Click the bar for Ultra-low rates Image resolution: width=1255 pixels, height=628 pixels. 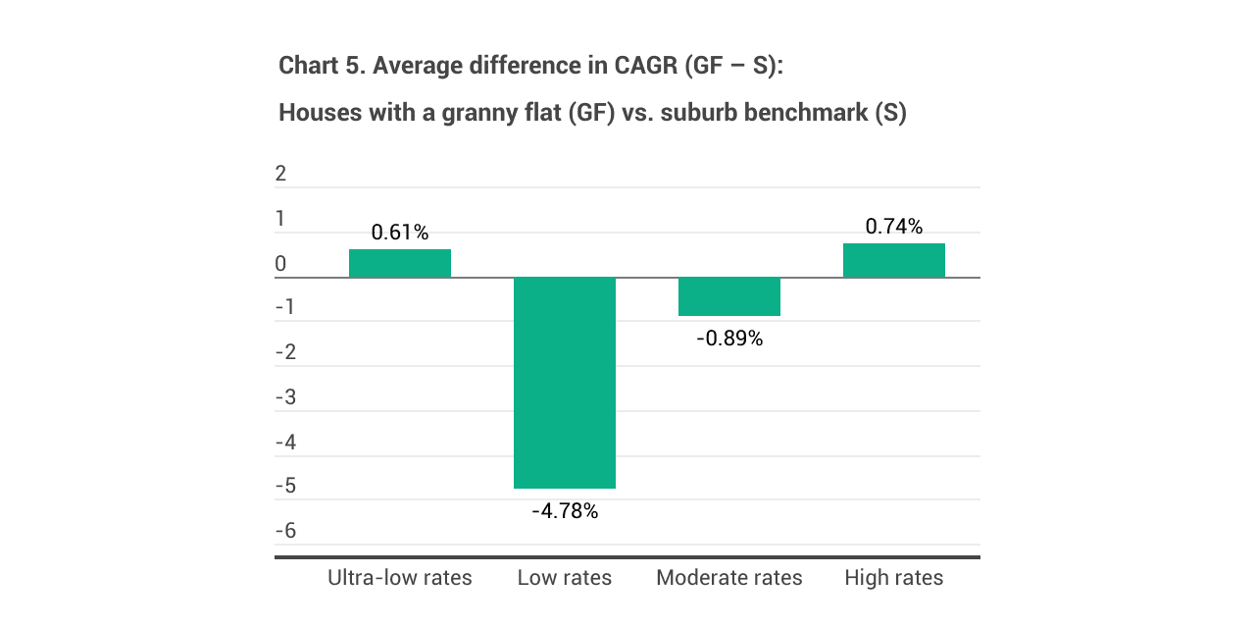point(400,263)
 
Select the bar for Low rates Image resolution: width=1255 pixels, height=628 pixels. point(565,383)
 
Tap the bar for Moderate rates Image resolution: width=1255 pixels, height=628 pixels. point(729,296)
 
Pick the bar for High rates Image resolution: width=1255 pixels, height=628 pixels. point(894,260)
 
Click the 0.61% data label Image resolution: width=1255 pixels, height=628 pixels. point(400,233)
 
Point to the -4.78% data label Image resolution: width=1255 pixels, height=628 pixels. point(565,510)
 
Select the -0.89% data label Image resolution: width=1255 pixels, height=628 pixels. point(729,339)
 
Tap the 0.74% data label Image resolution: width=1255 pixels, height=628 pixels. point(894,227)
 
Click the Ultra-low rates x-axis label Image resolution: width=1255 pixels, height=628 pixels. point(400,577)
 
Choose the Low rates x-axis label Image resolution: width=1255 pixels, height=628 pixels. point(565,577)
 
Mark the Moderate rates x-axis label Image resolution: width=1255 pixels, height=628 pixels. point(729,577)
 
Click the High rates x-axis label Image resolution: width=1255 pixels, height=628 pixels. point(894,577)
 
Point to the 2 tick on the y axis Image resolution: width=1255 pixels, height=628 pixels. point(281,174)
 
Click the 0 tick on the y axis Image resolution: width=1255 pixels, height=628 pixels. point(281,264)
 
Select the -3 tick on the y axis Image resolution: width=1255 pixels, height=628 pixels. point(284,397)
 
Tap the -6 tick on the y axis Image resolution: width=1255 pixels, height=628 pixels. point(284,531)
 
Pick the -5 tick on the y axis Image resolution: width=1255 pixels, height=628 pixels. point(284,487)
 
